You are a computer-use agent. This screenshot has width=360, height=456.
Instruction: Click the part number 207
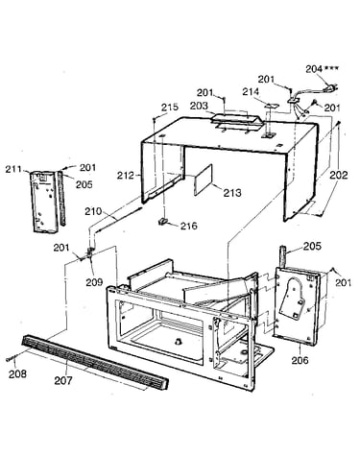(x=63, y=381)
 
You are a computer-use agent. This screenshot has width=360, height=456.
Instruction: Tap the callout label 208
(x=17, y=373)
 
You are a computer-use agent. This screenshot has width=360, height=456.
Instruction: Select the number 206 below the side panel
(x=300, y=360)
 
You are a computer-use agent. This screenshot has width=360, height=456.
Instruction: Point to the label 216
(x=189, y=226)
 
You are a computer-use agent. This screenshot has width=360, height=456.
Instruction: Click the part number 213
(x=232, y=193)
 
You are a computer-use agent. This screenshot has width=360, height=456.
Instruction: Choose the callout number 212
(x=126, y=175)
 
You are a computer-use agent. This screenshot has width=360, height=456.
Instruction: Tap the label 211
(x=13, y=169)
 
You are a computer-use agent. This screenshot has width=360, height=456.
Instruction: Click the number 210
(x=93, y=211)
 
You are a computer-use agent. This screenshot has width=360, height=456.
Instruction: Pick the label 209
(x=94, y=282)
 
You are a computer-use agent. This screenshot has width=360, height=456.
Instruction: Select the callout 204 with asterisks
(x=322, y=69)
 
